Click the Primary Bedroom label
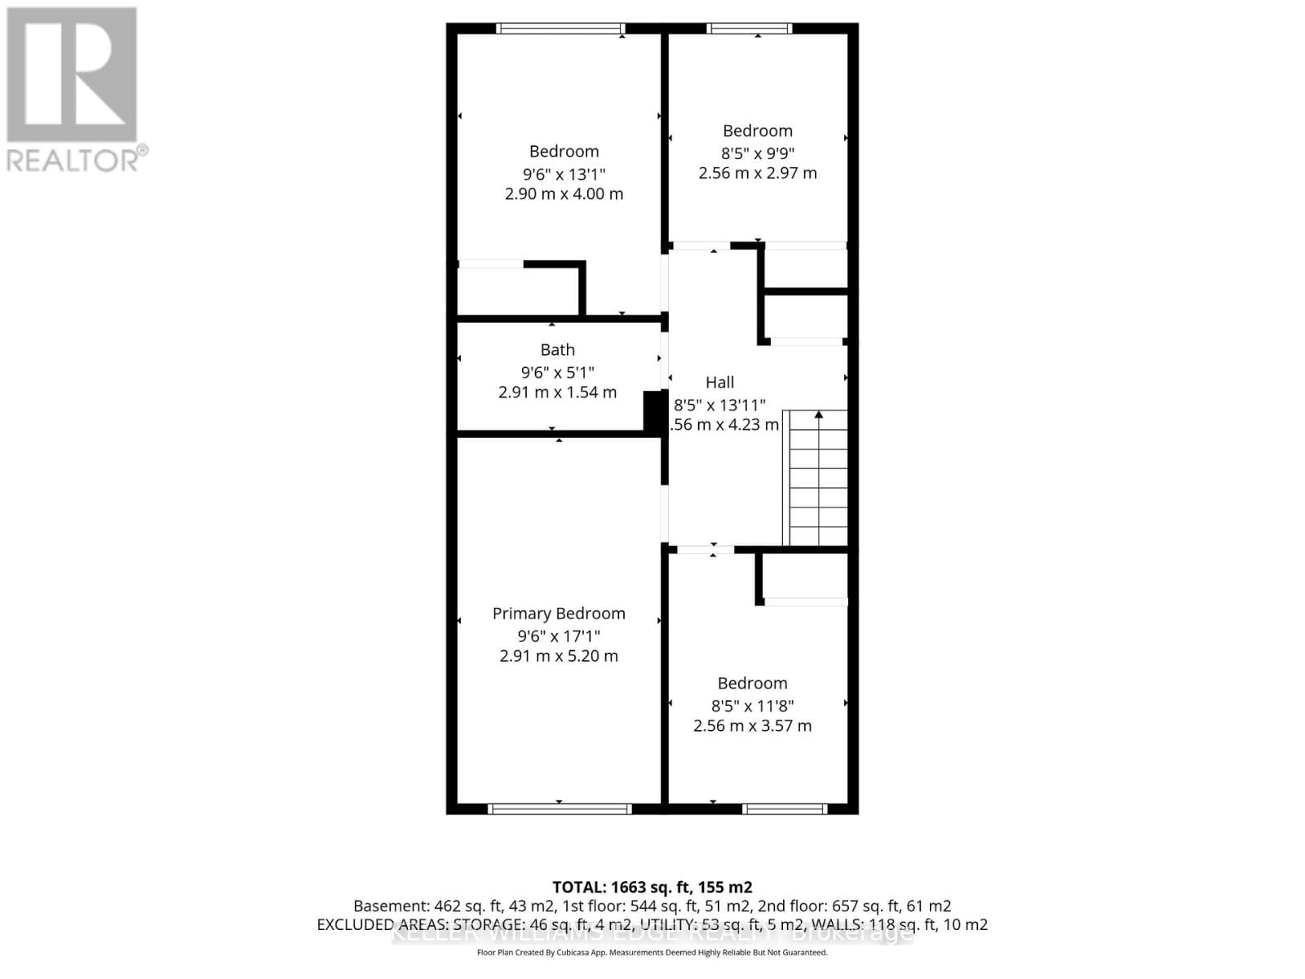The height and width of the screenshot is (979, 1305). click(x=559, y=614)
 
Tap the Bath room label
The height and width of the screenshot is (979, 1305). click(x=558, y=350)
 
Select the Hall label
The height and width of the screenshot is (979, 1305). click(x=719, y=383)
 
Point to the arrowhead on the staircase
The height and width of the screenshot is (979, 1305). click(x=818, y=415)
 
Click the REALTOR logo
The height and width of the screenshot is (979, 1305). click(x=73, y=89)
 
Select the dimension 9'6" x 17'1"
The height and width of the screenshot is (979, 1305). click(x=559, y=636)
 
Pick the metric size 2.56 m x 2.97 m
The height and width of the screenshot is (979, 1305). click(x=758, y=173)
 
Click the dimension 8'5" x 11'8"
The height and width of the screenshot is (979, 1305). click(x=752, y=706)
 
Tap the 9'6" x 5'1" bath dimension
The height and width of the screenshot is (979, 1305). click(x=558, y=372)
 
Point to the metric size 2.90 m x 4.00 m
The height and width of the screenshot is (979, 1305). click(x=564, y=194)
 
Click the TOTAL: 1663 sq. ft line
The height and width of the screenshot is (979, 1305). click(x=652, y=887)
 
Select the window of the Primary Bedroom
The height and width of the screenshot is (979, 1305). click(x=560, y=808)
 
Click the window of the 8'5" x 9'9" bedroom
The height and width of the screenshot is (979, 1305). click(x=750, y=29)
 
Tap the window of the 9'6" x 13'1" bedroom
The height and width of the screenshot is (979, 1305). click(x=561, y=29)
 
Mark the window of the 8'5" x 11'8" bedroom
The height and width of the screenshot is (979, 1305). click(x=785, y=808)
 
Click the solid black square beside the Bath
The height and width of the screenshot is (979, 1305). click(x=653, y=412)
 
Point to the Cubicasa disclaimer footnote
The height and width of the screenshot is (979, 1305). click(x=652, y=952)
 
